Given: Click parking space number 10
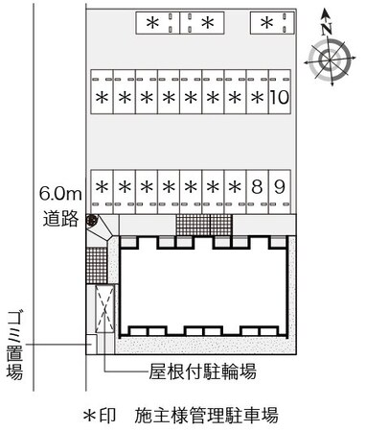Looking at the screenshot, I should point(279,97).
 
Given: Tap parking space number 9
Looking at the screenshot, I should point(279,186).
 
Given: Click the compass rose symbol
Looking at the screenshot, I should point(327,60).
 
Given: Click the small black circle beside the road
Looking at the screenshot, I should point(92,222).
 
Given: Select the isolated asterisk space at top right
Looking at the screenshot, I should point(266,22).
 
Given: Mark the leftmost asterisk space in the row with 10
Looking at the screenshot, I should point(102,97).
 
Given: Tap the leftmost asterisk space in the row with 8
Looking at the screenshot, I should point(102,186).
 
